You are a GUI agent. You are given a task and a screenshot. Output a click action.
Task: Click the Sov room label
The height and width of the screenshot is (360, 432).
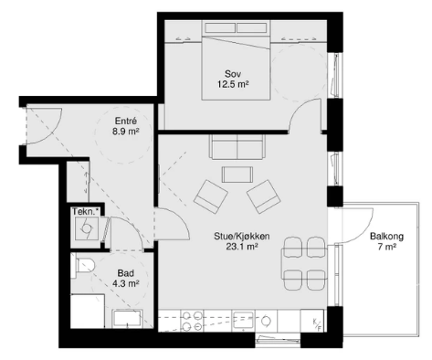coord(233,74)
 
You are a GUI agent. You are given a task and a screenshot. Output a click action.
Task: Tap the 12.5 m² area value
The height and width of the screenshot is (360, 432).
coord(233,84)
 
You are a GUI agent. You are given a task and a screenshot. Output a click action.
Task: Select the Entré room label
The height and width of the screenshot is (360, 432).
coord(126,121)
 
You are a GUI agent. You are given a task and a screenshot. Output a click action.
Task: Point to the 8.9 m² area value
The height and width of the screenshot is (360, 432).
coord(126,132)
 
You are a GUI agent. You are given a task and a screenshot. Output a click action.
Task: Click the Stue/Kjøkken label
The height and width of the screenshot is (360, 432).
coord(242,236)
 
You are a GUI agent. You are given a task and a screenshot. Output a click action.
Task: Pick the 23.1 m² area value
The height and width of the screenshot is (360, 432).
coord(242,247)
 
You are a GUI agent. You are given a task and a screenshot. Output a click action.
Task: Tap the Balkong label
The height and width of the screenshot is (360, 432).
coord(387,237)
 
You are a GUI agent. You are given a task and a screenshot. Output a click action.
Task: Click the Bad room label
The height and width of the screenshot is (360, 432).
coord(126,273)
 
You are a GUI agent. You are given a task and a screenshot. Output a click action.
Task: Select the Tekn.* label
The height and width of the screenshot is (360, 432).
coord(86,211)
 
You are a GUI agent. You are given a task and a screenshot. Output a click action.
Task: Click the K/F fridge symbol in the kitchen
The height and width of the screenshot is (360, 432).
coord(317,324)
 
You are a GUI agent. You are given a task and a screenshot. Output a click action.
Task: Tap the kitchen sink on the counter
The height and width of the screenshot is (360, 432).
coord(243,321)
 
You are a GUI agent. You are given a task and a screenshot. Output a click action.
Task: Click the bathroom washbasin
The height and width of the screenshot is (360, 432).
coord(128,319)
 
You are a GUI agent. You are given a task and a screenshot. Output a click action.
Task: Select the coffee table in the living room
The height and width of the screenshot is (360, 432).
coord(237,175)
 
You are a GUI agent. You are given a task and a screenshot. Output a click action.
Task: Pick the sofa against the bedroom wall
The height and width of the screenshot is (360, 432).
coord(237,147)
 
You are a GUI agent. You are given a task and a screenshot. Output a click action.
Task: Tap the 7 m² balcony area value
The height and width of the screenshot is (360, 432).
coord(387,247)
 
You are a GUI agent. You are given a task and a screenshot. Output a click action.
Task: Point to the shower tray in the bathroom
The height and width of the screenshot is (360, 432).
coord(88,311)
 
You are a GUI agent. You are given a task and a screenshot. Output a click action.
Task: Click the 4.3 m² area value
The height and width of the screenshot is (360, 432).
coord(126,283)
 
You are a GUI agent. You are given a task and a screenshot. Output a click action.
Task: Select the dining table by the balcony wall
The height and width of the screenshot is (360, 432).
coord(304,263)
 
